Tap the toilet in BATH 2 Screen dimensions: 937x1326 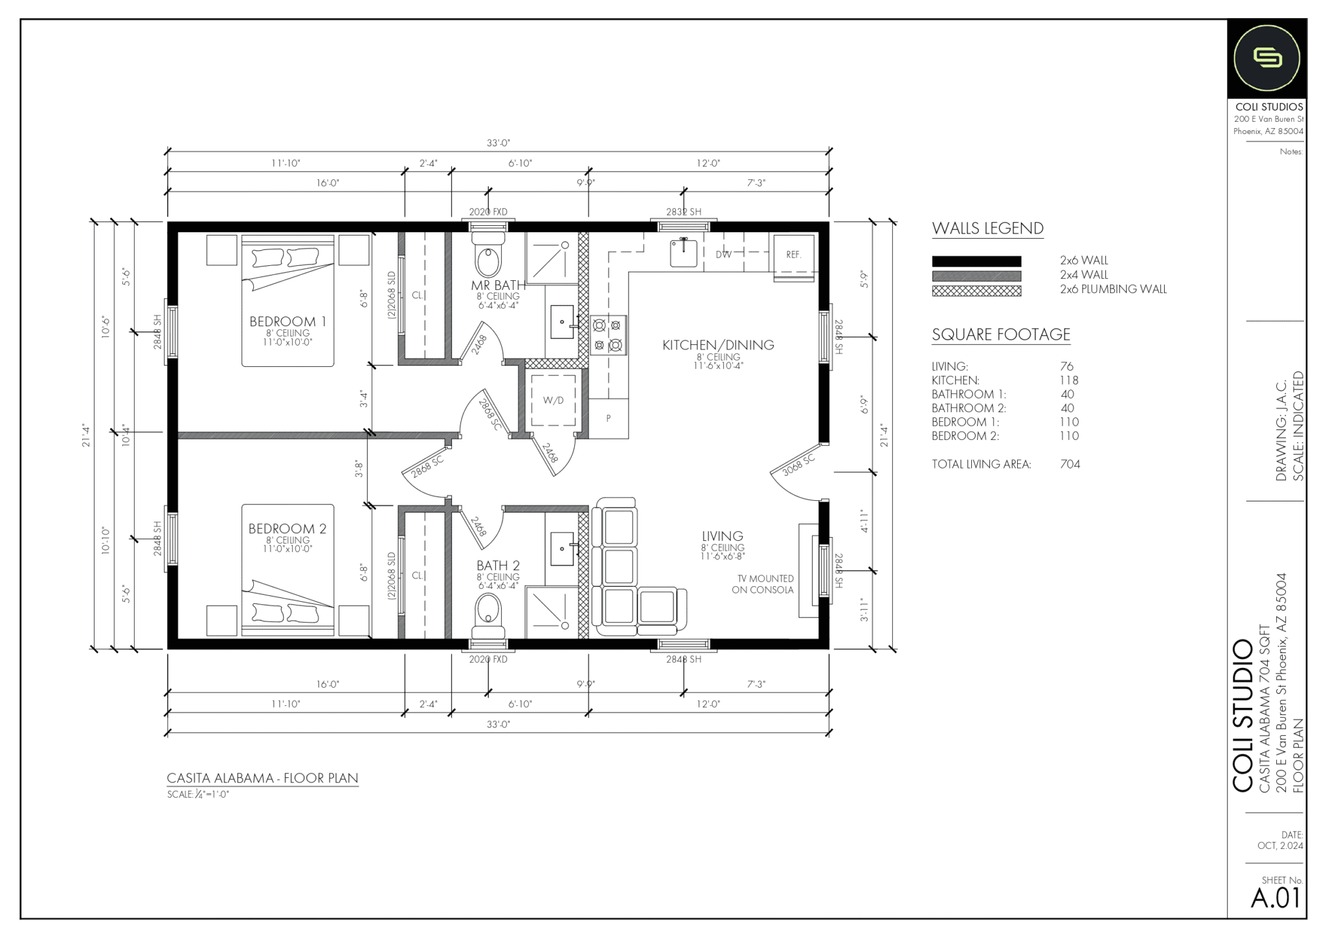coord(488,614)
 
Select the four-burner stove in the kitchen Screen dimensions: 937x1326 coord(608,335)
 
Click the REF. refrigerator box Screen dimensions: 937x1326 coord(794,255)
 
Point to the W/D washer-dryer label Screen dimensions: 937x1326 coord(553,401)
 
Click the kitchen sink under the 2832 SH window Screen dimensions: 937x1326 coord(683,252)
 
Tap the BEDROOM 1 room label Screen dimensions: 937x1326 coord(287,322)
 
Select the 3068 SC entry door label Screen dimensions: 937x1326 coord(798,465)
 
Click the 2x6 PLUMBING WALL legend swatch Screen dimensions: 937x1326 coord(976,291)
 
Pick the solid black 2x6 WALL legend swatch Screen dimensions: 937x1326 coord(976,261)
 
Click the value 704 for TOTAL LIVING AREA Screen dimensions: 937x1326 coord(1070,464)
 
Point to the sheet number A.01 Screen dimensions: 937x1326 coord(1275,898)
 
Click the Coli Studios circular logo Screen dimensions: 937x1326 coord(1267,58)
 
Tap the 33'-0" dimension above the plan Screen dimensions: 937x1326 coord(499,143)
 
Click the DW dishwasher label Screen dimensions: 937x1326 coord(723,255)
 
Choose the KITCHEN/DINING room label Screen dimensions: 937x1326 coord(718,345)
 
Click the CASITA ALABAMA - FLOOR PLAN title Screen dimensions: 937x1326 coord(262,778)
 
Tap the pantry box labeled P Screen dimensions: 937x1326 coord(608,419)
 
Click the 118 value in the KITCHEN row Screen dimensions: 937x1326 coord(1069,380)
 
